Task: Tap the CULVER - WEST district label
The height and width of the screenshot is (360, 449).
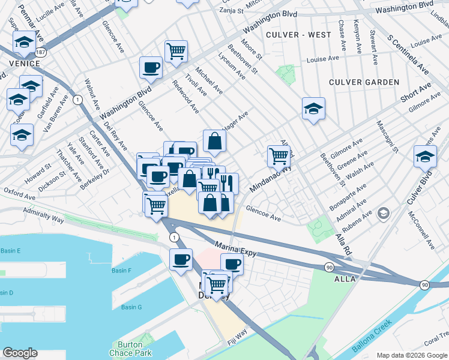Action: click(298, 35)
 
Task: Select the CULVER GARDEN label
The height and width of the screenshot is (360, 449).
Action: click(364, 82)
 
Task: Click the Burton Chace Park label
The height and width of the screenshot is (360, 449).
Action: click(126, 349)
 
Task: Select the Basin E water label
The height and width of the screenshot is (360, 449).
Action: click(10, 250)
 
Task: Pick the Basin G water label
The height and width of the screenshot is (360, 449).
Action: click(131, 307)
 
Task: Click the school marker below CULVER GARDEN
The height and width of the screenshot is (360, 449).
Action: click(313, 109)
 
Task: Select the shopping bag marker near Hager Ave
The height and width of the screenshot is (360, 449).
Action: click(214, 142)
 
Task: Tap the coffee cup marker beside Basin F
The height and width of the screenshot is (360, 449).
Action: click(181, 260)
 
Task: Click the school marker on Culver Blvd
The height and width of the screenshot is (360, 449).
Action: click(425, 157)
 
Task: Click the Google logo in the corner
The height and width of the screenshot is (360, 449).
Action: click(20, 353)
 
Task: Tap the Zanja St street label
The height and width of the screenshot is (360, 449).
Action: click(230, 10)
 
